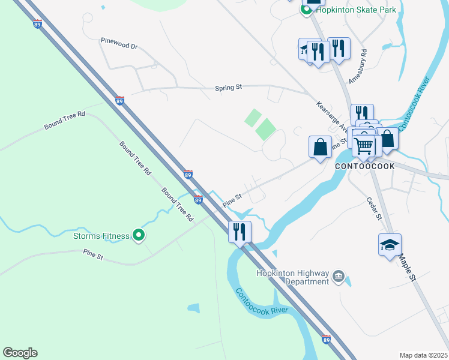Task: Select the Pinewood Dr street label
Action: pos(119,46)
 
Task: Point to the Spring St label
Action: pos(228,88)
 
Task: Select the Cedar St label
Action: pos(373,208)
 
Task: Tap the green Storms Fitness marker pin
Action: pos(139,236)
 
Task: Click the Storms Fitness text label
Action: pos(101,236)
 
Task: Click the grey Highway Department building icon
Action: pos(339,277)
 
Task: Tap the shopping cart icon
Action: pos(363,145)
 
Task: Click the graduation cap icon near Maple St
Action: pos(390,244)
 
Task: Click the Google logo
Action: pos(20,353)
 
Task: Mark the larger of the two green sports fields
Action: pos(265,129)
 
